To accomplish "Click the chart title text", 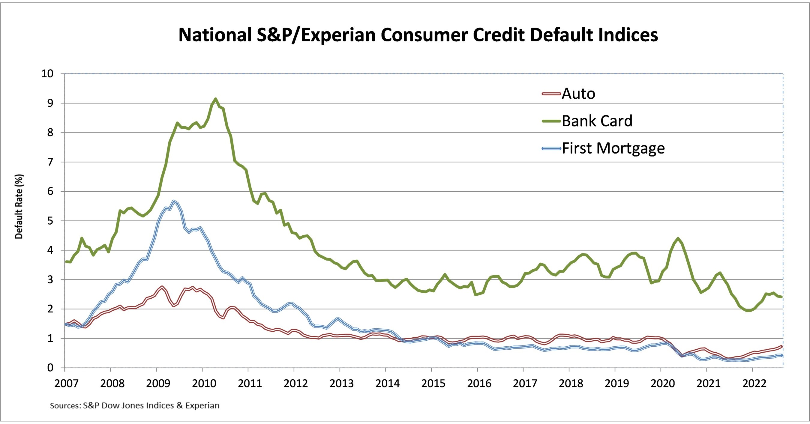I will click(x=418, y=34).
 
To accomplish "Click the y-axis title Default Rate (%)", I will click(x=19, y=207).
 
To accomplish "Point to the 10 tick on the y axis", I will click(x=47, y=74).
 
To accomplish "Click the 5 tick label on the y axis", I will click(x=50, y=221).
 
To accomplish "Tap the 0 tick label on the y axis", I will click(x=50, y=368).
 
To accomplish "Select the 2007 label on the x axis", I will click(x=66, y=384).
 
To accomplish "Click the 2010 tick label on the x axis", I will click(x=204, y=384).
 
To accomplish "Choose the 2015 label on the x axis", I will click(x=433, y=384).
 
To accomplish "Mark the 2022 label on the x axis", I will click(x=754, y=384).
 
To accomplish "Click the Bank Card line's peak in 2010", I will click(x=215, y=99).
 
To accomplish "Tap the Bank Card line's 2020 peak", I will click(x=678, y=239).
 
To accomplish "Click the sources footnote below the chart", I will click(x=135, y=405).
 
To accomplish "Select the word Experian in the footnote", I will click(x=202, y=405).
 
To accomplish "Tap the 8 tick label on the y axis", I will click(x=50, y=133).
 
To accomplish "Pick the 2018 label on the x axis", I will click(x=571, y=384).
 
